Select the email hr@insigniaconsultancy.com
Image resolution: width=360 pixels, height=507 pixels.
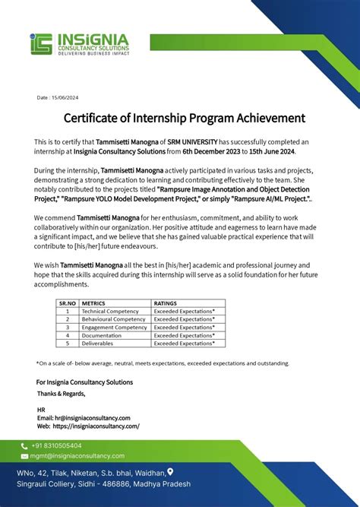[x=89, y=418]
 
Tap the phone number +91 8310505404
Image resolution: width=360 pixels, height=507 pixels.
[x=56, y=445]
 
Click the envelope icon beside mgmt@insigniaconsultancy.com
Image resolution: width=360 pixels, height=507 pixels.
[x=24, y=456]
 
